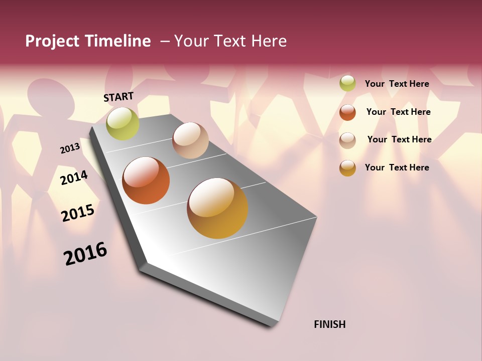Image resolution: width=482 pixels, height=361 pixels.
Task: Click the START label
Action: tap(118, 97)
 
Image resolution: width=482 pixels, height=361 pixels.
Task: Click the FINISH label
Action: tap(329, 324)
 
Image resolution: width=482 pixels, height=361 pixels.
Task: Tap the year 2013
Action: tap(70, 148)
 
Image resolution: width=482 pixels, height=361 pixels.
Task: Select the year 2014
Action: tap(74, 177)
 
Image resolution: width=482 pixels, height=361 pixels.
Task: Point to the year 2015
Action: tap(78, 213)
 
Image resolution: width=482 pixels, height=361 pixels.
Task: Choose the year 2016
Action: tap(85, 254)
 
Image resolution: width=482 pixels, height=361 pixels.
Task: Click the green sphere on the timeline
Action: tap(123, 123)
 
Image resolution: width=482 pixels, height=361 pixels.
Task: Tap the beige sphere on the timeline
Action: tap(190, 140)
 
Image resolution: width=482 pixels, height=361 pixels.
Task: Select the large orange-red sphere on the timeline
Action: tap(146, 180)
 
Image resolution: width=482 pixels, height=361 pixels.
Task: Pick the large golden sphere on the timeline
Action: tap(217, 208)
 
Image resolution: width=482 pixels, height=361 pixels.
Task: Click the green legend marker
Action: tap(347, 83)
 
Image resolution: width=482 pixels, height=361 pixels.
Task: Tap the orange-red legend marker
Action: tap(347, 112)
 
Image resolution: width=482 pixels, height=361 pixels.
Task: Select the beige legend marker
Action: tap(347, 140)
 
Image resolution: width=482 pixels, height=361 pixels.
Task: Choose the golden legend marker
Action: tap(347, 168)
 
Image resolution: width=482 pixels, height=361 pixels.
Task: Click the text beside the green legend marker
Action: tap(397, 84)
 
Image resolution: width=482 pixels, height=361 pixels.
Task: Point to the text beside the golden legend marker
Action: tap(397, 167)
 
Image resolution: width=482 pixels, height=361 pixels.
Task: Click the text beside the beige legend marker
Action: tap(399, 139)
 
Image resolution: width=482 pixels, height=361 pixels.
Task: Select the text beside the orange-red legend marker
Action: tap(398, 112)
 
